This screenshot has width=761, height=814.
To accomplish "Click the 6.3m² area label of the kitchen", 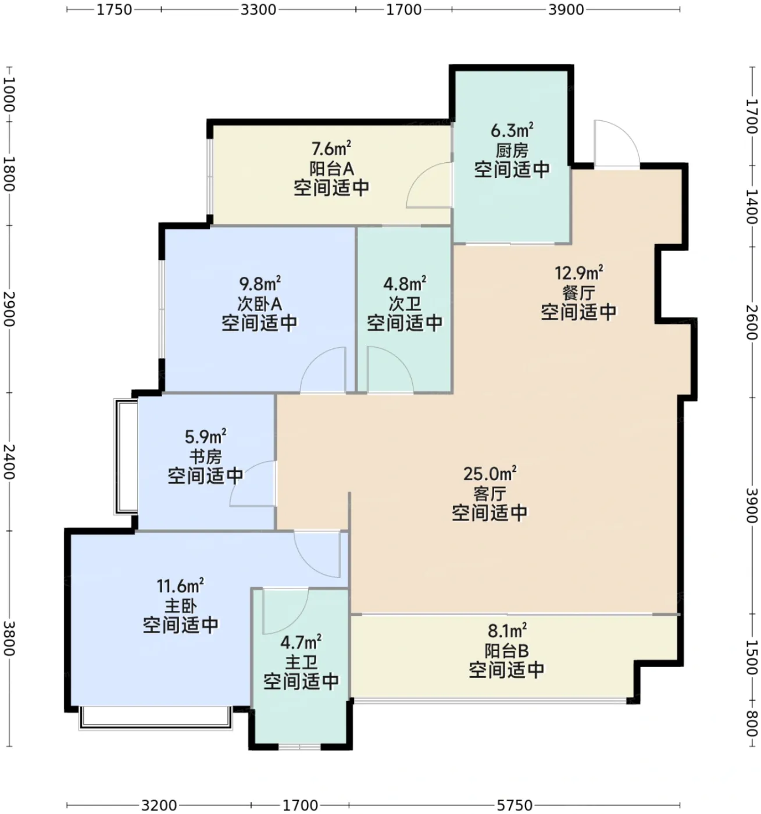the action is pos(512,130).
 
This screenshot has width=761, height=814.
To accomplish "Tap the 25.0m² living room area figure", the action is pos(490,473).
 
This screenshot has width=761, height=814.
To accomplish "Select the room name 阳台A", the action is pos(331,168).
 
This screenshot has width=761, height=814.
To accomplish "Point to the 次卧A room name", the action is pos(259,304).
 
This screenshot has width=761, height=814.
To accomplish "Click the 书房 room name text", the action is pos(205,456).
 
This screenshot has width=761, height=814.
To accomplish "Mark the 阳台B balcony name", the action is pos(506,651).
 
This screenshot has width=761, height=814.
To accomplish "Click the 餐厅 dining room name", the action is pos(578,292).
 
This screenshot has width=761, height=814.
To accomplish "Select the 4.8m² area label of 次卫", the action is pos(404,283).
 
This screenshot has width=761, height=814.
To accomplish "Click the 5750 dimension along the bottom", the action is pos(514,805).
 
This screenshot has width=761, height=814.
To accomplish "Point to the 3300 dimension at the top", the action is pos(258,9).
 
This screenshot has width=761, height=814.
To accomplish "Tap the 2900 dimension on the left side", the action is pos(9,309).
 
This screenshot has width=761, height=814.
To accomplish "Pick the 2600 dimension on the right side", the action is pos(751,322).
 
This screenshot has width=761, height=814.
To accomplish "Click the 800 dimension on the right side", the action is pos(751,723).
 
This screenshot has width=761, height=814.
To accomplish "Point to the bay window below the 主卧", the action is pos(156,718).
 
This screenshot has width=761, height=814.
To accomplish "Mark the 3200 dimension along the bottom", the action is pos(159,805).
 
